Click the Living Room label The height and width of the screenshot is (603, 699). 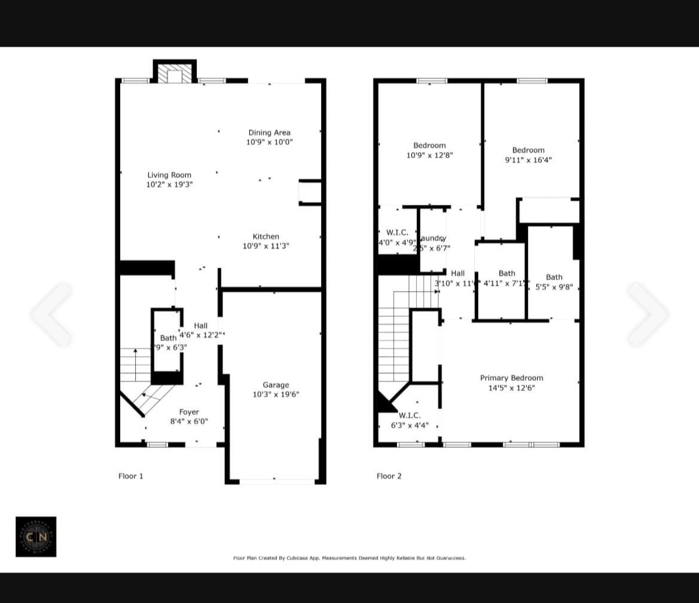(169, 175)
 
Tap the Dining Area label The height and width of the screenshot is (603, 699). (269, 133)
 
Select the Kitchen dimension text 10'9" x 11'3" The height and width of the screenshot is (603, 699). (265, 246)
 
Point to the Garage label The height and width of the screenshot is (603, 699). (276, 385)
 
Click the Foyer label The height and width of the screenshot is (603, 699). (189, 412)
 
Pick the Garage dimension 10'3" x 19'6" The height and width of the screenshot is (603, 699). (276, 395)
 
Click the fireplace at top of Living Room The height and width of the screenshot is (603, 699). (175, 72)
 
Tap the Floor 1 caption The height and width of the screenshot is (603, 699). (131, 476)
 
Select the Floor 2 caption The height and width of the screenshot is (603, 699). (389, 476)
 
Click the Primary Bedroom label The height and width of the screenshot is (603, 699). (511, 378)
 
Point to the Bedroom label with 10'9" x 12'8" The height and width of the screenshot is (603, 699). (429, 146)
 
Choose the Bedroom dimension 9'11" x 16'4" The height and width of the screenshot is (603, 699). (528, 160)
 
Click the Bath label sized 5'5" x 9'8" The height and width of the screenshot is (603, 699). (554, 277)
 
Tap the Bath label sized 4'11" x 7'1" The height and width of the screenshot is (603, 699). (506, 273)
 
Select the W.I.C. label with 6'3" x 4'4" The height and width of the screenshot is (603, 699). (410, 415)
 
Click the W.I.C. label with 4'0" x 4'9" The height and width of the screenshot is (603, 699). (397, 232)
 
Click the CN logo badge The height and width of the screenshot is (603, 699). (36, 537)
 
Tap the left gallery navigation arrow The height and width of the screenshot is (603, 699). (51, 314)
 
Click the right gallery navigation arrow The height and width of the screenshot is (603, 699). (648, 314)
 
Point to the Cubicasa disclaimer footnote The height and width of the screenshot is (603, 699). (349, 558)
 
